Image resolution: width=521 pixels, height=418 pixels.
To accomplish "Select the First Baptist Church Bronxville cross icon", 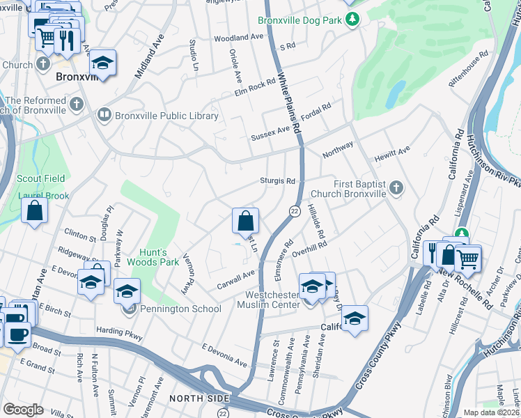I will [396, 187].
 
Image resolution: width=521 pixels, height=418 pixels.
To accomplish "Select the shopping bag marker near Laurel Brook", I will [35, 210].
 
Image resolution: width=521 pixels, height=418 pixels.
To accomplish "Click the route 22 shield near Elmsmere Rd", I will [294, 210].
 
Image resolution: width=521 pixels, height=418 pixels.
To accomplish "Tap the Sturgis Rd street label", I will [278, 180].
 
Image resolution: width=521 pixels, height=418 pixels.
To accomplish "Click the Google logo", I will [24, 409].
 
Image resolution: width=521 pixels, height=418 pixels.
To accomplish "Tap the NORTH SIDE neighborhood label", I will [199, 398].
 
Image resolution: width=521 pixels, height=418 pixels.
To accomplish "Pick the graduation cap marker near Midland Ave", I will [102, 63].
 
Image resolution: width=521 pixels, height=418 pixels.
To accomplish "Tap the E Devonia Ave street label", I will [224, 355].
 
